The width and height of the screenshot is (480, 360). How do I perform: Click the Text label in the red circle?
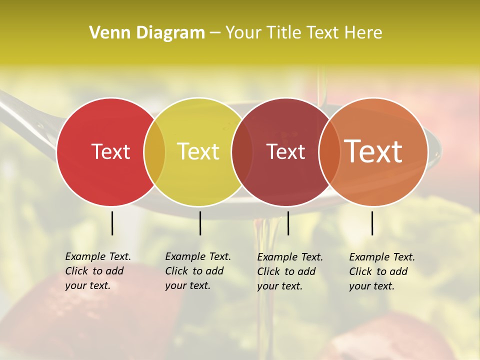(110, 152)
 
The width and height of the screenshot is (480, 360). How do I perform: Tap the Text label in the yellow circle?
(198, 152)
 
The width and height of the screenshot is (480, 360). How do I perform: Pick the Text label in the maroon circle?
(285, 152)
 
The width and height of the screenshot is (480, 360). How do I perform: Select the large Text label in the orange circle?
(373, 151)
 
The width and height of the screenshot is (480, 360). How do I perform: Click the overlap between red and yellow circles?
(154, 152)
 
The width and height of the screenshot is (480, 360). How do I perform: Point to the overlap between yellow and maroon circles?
(242, 152)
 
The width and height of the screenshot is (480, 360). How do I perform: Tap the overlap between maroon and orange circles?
(329, 152)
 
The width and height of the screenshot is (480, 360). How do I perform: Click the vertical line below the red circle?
(112, 223)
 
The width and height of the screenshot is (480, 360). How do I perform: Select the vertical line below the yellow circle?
(200, 223)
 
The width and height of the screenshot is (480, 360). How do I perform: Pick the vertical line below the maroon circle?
(288, 223)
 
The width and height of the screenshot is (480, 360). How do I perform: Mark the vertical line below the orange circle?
(372, 223)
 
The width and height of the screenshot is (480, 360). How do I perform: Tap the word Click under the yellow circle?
(176, 271)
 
